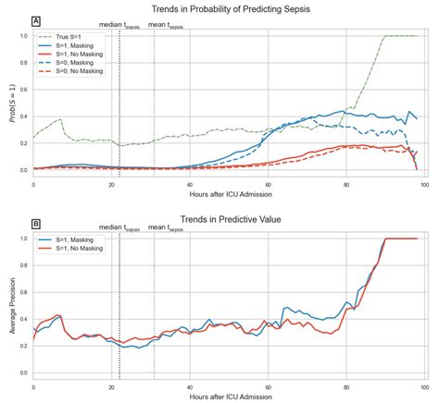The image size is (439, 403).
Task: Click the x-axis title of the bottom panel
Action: click(x=230, y=397)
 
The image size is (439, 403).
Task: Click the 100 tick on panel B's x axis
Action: click(x=423, y=386)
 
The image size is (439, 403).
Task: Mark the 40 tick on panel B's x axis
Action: click(x=189, y=386)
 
